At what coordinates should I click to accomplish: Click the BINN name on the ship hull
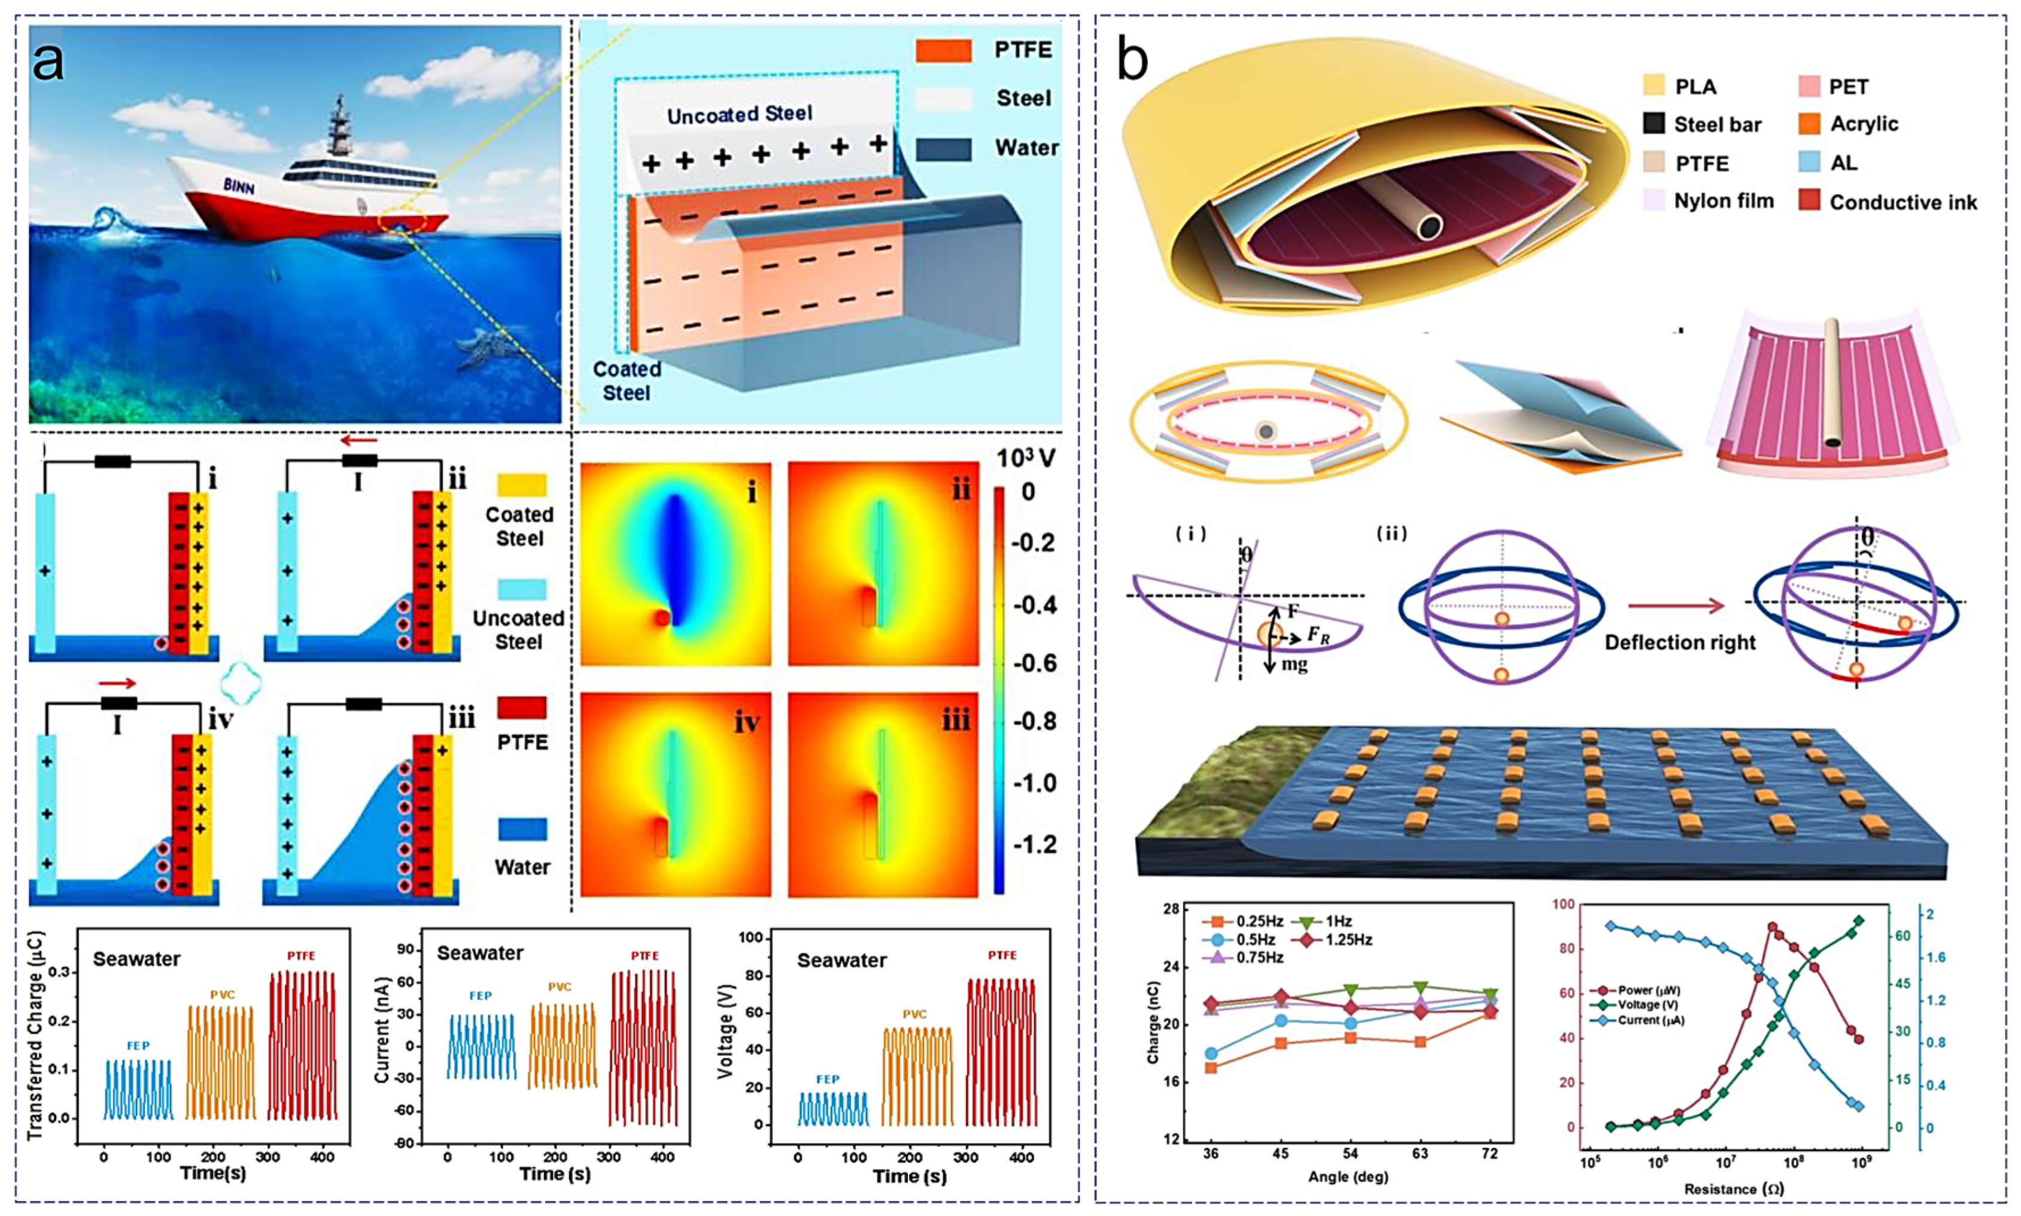point(239,186)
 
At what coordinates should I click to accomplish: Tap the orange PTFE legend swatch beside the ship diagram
point(943,51)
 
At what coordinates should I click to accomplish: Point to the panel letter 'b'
point(1132,60)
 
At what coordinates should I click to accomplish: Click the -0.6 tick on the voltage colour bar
point(1035,662)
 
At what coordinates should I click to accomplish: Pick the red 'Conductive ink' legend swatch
point(1810,201)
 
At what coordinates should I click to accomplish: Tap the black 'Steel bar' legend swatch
point(1654,124)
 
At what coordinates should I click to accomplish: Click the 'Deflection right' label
point(1680,642)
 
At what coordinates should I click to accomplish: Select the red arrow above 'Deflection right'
point(1676,607)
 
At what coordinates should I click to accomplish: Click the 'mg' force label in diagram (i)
point(1294,664)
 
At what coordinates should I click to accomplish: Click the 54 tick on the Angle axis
point(1350,1154)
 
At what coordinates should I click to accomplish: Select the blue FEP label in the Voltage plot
point(827,1079)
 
